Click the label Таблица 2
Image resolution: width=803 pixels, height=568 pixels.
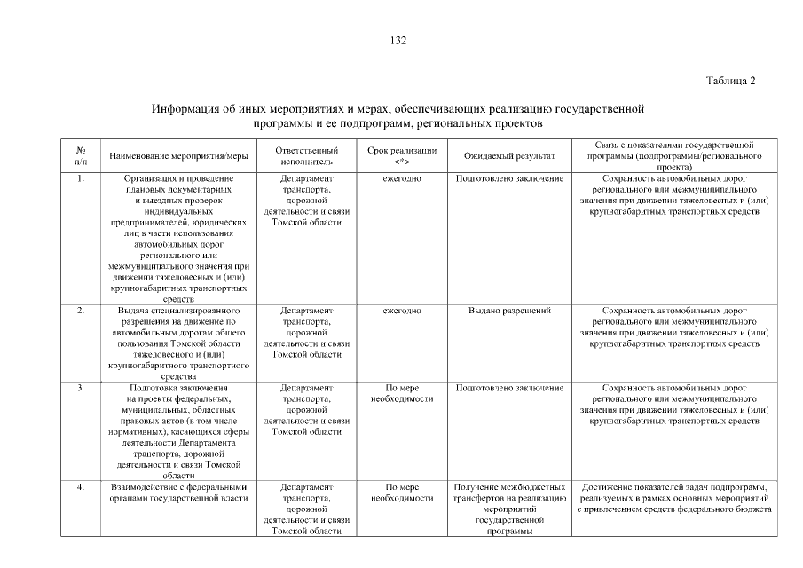click(x=730, y=81)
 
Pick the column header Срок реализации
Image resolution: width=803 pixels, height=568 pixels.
click(x=401, y=156)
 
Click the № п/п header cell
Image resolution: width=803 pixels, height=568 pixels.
click(x=81, y=156)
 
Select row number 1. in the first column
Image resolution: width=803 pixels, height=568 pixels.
click(x=81, y=179)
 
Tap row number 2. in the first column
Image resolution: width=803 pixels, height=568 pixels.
click(x=81, y=311)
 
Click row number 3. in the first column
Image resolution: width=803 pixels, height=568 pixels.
click(x=81, y=389)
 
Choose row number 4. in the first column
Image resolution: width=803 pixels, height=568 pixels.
click(x=81, y=487)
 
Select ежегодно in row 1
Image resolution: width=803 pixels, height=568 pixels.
click(x=401, y=179)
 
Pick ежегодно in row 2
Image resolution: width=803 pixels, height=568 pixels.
click(x=401, y=311)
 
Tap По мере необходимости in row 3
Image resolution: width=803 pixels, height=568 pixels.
click(x=401, y=394)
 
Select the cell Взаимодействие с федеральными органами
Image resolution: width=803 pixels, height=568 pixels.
click(x=178, y=493)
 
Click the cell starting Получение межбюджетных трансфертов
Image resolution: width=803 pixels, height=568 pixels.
click(x=509, y=509)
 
